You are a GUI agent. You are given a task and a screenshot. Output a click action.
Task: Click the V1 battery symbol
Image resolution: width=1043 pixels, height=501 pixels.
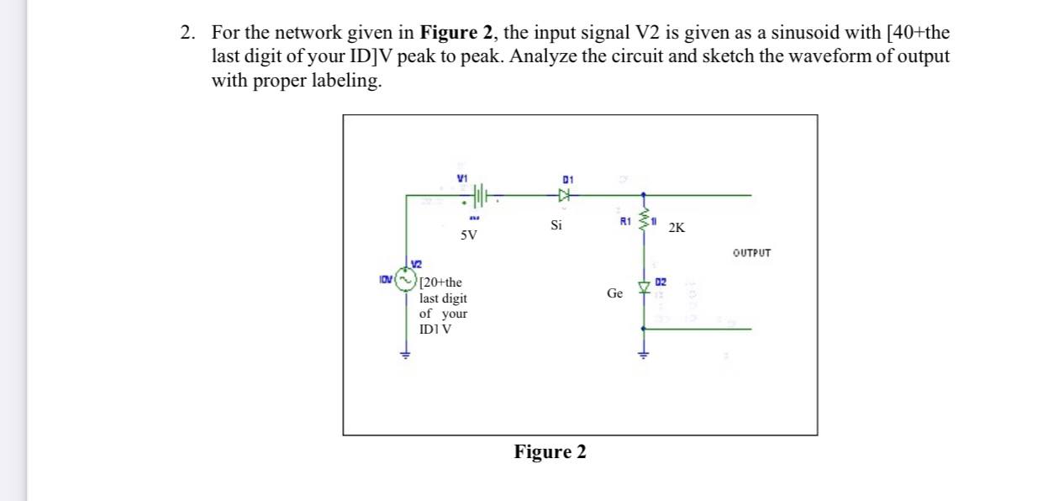pyautogui.click(x=478, y=196)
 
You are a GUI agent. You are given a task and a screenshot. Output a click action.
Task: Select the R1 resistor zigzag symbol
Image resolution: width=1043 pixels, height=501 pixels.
pyautogui.click(x=645, y=222)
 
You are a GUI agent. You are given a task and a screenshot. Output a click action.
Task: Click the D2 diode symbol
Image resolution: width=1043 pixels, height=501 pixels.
pyautogui.click(x=645, y=288)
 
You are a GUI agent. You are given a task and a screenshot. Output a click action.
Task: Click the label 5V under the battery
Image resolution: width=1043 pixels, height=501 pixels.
pyautogui.click(x=469, y=235)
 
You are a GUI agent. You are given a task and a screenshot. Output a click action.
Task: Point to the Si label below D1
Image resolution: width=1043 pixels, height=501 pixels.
pyautogui.click(x=556, y=225)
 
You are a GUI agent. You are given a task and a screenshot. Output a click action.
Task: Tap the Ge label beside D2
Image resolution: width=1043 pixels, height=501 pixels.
pyautogui.click(x=614, y=293)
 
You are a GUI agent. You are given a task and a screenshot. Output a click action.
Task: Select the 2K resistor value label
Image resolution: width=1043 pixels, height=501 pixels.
pyautogui.click(x=678, y=228)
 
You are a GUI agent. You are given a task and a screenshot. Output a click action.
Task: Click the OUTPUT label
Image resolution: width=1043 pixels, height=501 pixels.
pyautogui.click(x=751, y=252)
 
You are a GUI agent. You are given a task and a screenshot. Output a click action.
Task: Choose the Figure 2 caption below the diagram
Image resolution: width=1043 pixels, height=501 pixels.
pyautogui.click(x=550, y=452)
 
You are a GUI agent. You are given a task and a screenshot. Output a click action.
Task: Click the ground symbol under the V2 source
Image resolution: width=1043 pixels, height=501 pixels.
pyautogui.click(x=405, y=354)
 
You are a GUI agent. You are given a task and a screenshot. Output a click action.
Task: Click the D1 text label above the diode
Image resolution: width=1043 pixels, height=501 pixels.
pyautogui.click(x=567, y=180)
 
